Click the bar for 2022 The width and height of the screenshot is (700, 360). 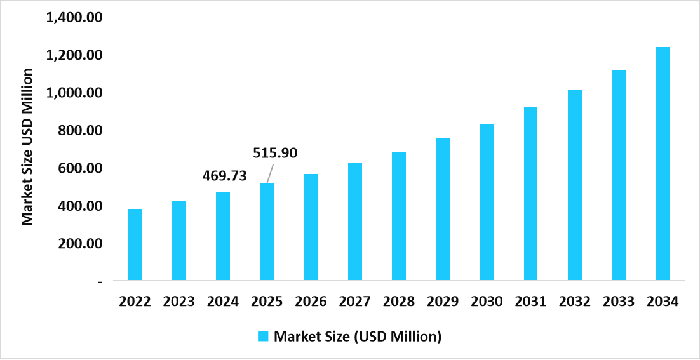click(x=135, y=244)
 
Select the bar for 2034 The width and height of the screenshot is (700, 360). click(x=663, y=163)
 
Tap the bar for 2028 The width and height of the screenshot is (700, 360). click(x=399, y=216)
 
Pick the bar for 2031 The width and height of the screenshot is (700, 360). click(x=530, y=194)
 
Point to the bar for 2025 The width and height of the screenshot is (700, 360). click(x=267, y=232)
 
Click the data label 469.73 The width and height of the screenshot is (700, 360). click(x=224, y=175)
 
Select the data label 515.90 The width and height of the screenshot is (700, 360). click(x=275, y=153)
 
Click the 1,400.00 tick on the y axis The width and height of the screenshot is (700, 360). click(x=74, y=18)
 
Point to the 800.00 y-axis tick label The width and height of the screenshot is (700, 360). click(x=79, y=131)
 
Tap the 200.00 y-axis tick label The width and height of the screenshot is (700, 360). click(x=79, y=244)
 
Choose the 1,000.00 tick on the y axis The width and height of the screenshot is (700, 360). click(x=74, y=93)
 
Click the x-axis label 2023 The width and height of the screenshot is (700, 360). click(x=178, y=302)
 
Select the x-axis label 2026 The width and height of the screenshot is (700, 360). click(x=311, y=302)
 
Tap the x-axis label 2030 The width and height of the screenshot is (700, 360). click(x=487, y=302)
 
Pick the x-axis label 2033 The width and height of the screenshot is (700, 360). click(x=619, y=302)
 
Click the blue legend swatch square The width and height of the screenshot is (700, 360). click(x=263, y=336)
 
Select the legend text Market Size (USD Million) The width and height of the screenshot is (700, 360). click(x=357, y=336)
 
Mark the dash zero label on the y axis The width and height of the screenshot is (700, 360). click(x=100, y=281)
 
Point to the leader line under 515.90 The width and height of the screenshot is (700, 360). click(x=271, y=173)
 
